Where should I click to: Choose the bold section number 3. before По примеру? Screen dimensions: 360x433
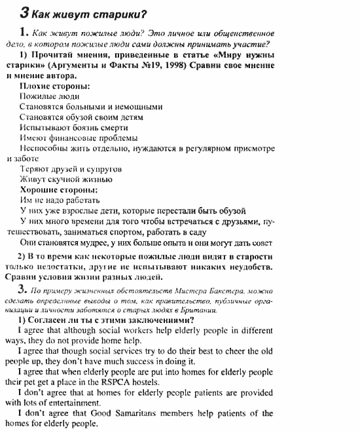24,288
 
